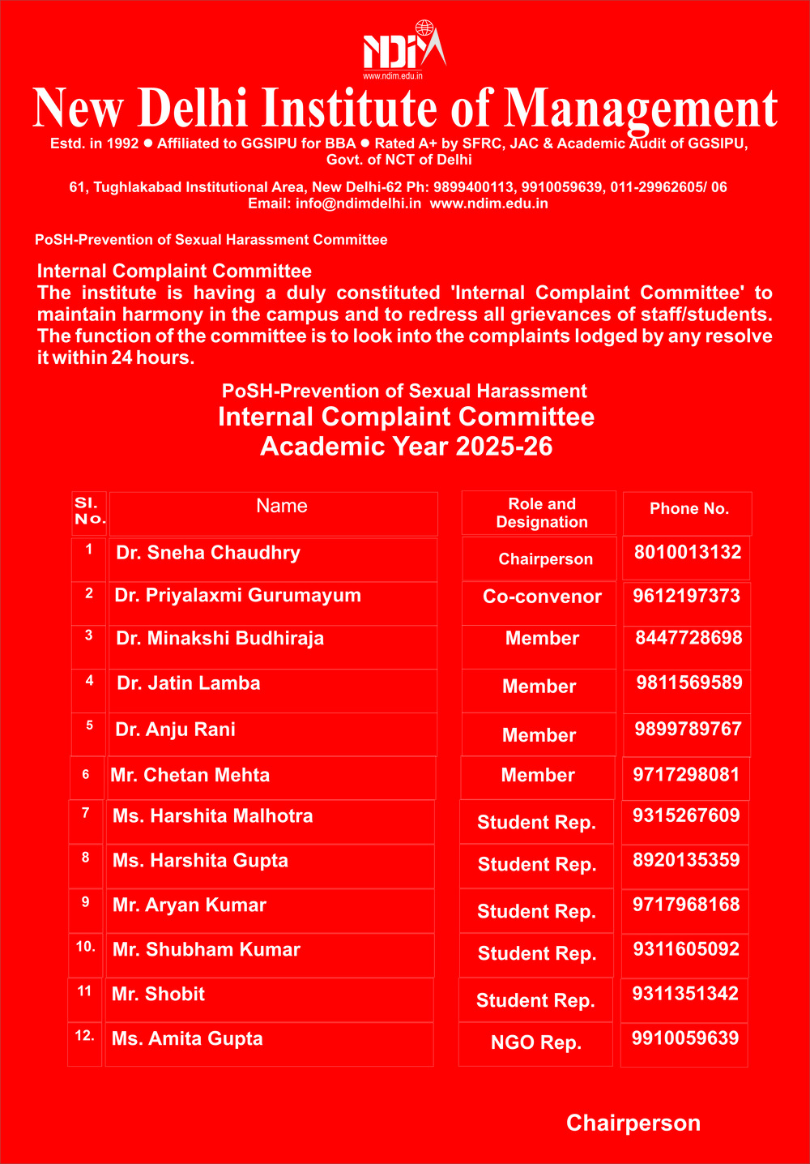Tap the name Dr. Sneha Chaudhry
pyautogui.click(x=208, y=553)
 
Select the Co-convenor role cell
pyautogui.click(x=542, y=597)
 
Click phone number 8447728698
pyautogui.click(x=688, y=638)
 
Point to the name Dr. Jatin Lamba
pyautogui.click(x=189, y=683)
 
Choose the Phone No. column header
pyautogui.click(x=689, y=509)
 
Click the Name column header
pyautogui.click(x=281, y=507)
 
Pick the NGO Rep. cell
pyautogui.click(x=536, y=1042)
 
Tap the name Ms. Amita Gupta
pyautogui.click(x=187, y=1039)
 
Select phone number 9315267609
pyautogui.click(x=686, y=815)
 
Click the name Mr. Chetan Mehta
pyautogui.click(x=190, y=776)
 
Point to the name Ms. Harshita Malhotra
pyautogui.click(x=212, y=816)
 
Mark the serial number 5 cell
pyautogui.click(x=89, y=725)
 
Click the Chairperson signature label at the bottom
pyautogui.click(x=633, y=1123)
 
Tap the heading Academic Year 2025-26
pyautogui.click(x=406, y=447)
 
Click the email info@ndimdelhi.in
pyautogui.click(x=358, y=203)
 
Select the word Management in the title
pyautogui.click(x=641, y=109)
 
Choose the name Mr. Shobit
pyautogui.click(x=158, y=995)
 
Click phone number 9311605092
pyautogui.click(x=686, y=949)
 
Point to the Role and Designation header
pyautogui.click(x=542, y=513)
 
